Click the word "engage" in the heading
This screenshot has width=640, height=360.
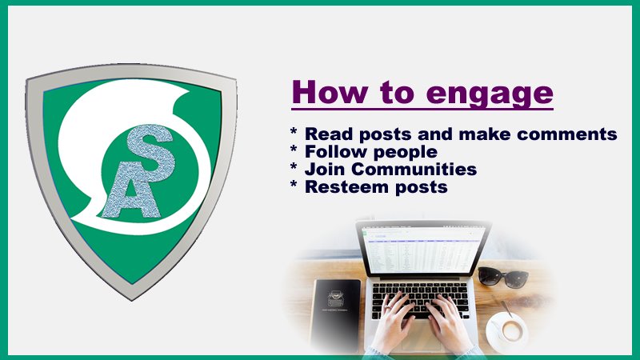tap(490, 94)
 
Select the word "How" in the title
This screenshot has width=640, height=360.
tap(330, 91)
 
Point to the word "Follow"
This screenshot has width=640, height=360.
tap(336, 151)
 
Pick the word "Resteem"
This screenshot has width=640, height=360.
tap(342, 186)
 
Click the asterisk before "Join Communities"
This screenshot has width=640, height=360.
tap(294, 167)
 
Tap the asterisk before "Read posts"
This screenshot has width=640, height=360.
tap(294, 132)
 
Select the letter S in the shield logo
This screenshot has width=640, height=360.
tap(150, 152)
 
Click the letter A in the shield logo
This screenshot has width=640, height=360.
tap(130, 196)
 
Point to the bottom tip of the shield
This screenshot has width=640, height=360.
tap(132, 300)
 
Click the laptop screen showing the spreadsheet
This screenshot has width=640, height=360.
tap(424, 250)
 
